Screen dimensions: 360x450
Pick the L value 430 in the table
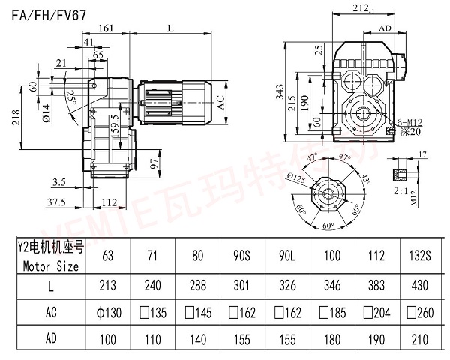coord(414,285)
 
